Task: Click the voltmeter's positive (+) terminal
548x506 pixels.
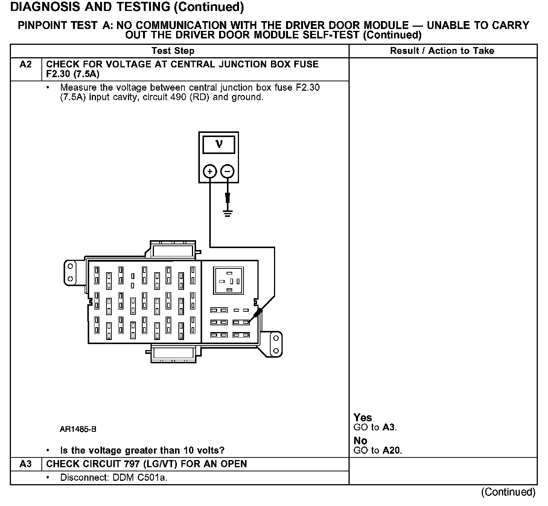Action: coord(210,172)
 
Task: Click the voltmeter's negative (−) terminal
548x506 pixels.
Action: coord(227,172)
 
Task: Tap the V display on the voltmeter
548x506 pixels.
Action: coord(219,144)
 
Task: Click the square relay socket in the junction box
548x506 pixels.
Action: coord(228,281)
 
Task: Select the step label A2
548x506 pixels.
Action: coord(26,64)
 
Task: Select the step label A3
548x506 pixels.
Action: coord(26,464)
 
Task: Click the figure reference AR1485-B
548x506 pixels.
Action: coord(78,429)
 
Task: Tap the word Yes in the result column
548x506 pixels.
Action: coord(363,418)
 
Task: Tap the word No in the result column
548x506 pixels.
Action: coord(360,440)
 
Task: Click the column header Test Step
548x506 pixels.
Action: coord(173,51)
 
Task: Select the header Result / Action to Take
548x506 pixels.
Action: coord(442,51)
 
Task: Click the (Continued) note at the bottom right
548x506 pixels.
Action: coord(508,492)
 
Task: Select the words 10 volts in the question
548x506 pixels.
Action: coord(204,450)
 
